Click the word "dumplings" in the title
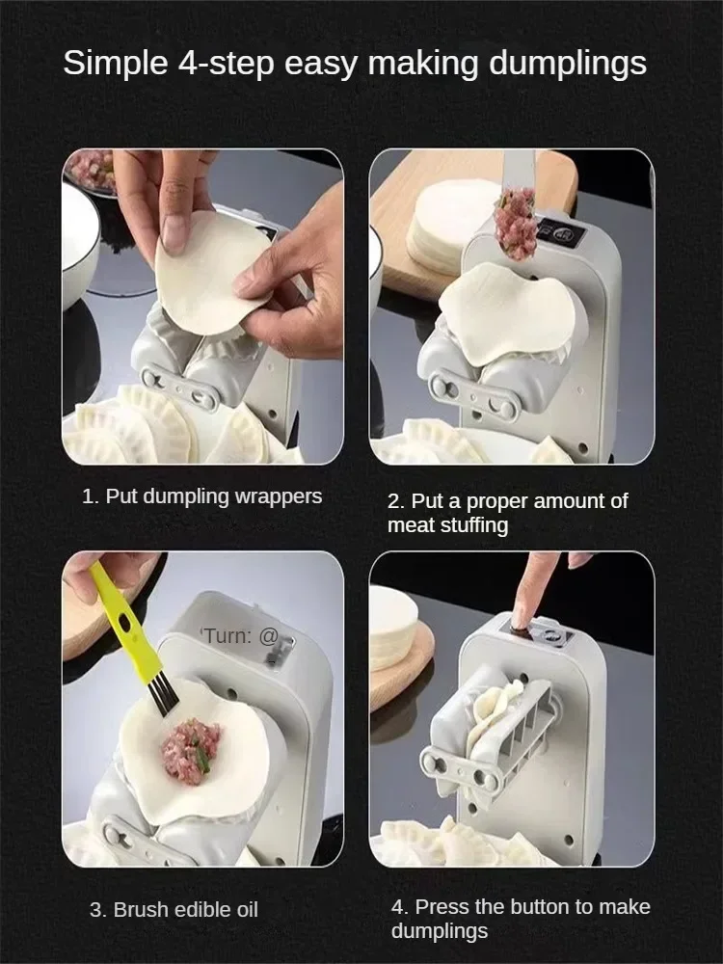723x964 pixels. [x=568, y=64]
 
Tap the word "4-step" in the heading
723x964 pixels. [x=227, y=64]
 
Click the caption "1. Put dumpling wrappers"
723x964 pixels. [x=201, y=496]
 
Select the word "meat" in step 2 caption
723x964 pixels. [x=408, y=525]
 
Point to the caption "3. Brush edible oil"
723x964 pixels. [x=174, y=910]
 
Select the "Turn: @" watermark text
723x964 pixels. [x=241, y=635]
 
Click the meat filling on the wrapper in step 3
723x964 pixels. [x=191, y=751]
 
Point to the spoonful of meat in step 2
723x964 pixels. [x=515, y=223]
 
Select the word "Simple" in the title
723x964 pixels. [x=116, y=64]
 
